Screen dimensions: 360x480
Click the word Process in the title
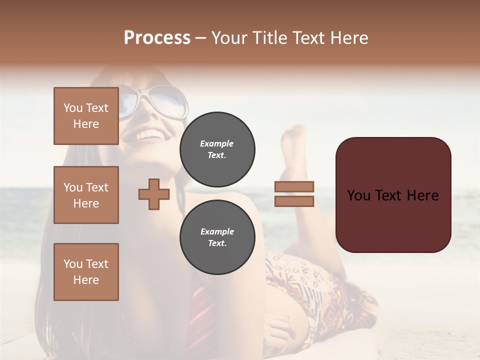click(157, 38)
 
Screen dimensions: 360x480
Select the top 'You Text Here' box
click(86, 116)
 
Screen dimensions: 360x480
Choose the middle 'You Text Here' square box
click(86, 195)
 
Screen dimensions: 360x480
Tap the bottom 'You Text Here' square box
click(86, 271)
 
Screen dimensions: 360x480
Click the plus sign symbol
click(153, 194)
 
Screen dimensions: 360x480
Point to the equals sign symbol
click(294, 194)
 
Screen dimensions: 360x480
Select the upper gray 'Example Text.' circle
click(217, 149)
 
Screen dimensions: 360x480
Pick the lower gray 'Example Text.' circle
click(217, 237)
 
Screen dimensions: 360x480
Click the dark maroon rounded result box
click(393, 195)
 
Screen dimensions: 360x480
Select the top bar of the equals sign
click(294, 186)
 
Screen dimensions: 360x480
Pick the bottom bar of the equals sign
click(294, 201)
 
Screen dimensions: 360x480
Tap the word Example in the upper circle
click(217, 143)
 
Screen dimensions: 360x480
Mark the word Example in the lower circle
click(217, 231)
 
